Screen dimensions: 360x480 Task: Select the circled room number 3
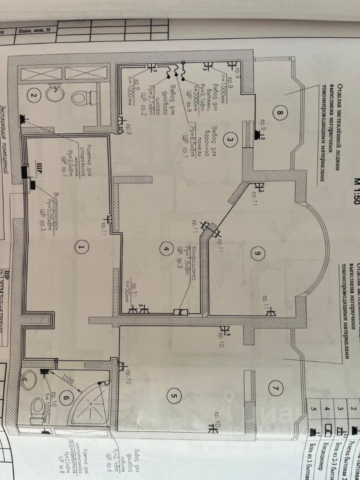229,139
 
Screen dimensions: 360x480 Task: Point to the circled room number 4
163,247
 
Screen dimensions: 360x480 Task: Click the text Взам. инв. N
34,30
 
